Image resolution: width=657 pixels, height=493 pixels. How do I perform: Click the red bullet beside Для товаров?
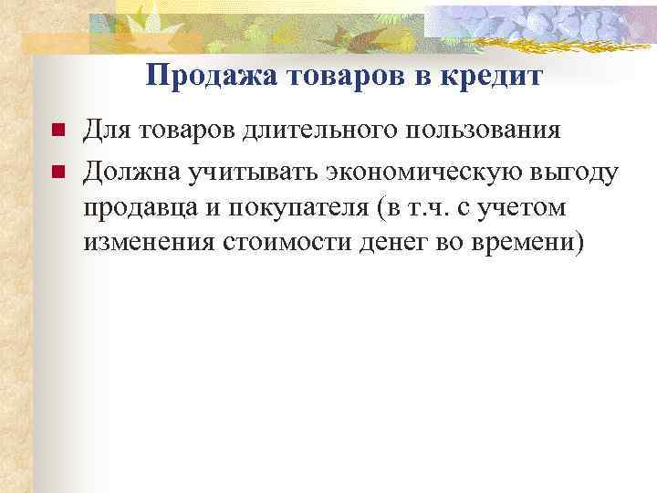pyautogui.click(x=57, y=131)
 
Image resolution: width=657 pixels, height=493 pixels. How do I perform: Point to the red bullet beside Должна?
pyautogui.click(x=57, y=171)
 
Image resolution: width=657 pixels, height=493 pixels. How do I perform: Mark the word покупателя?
pyautogui.click(x=292, y=209)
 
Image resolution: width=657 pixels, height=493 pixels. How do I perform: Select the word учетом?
pyautogui.click(x=524, y=209)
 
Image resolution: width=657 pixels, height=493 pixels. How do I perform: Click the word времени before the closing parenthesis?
pyautogui.click(x=516, y=246)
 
